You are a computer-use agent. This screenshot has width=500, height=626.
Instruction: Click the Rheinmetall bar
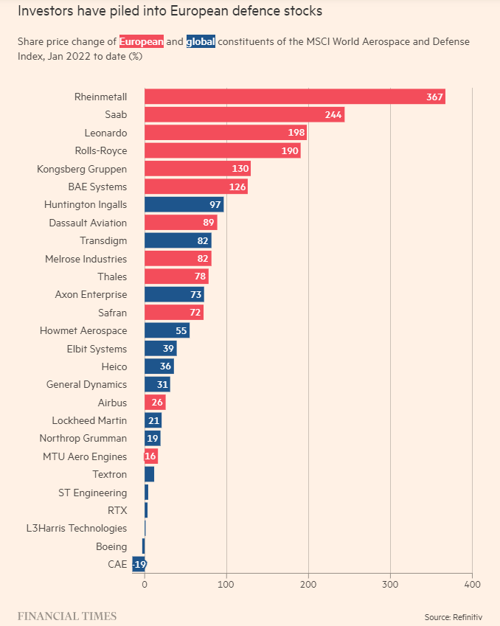294,97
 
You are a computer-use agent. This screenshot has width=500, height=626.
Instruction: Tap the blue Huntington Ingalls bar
184,205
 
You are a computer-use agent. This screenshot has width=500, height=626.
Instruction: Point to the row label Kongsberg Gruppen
82,169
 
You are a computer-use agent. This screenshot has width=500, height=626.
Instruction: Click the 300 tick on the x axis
390,584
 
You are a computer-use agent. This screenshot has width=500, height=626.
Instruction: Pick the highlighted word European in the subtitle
142,41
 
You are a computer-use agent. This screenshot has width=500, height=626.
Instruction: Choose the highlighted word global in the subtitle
201,41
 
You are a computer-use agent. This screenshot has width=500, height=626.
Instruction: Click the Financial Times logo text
67,616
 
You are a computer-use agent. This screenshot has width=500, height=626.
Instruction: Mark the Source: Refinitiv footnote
453,616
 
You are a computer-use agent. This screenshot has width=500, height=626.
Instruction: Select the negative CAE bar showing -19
139,565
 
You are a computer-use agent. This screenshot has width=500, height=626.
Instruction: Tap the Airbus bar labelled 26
155,403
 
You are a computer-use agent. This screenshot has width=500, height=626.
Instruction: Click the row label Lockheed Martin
89,420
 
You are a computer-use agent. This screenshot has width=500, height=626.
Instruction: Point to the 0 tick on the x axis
145,584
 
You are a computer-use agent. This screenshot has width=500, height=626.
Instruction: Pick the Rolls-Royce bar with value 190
222,151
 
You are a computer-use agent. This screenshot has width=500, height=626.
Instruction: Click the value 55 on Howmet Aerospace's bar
181,331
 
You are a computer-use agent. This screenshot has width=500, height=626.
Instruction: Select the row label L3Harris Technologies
76,529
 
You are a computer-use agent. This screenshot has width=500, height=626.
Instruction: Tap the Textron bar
149,474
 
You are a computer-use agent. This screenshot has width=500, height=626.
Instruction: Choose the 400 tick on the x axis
472,584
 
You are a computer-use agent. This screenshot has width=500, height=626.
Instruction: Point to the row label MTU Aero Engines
85,457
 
